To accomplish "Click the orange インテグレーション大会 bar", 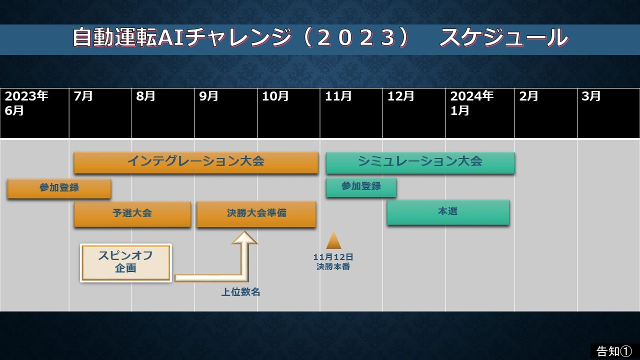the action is (196, 162).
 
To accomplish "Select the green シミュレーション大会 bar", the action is (420, 162).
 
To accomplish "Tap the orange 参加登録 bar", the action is (59, 188).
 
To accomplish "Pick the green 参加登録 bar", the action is (361, 187).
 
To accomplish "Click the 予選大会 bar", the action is (132, 214).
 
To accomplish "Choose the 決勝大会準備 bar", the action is (256, 214).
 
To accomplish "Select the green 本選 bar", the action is (448, 212).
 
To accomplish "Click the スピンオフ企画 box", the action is (126, 263).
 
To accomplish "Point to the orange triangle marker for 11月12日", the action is (333, 240).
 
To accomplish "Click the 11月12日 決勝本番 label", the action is (333, 261).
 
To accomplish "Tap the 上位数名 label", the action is (240, 292).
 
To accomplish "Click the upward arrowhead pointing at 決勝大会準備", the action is (244, 237).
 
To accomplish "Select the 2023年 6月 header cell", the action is (34, 113).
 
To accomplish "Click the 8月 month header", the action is (163, 113).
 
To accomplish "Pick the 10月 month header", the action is (288, 113).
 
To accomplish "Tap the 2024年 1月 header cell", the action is (480, 113).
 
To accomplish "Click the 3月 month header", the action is (608, 113).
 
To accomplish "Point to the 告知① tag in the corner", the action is (614, 351).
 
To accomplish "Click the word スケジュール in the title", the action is (504, 37).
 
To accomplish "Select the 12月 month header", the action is (414, 113).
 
